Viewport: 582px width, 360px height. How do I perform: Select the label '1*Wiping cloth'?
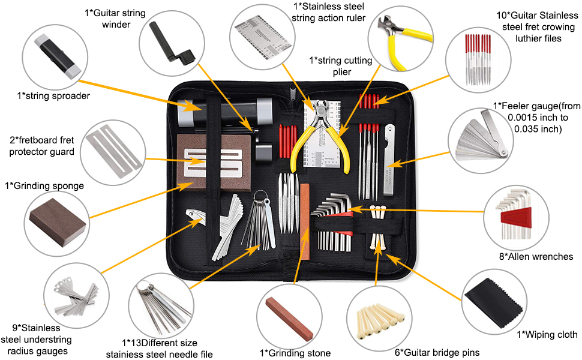coord(547,335)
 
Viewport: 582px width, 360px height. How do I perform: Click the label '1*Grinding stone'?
coord(295,353)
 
